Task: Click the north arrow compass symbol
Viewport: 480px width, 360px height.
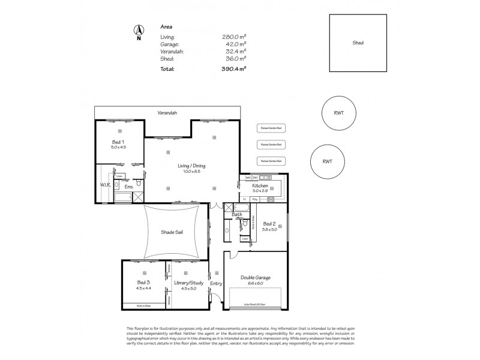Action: (139, 31)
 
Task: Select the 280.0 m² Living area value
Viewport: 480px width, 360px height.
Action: (235, 36)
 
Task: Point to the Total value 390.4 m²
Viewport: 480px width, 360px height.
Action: (235, 69)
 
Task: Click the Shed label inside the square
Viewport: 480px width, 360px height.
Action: (358, 43)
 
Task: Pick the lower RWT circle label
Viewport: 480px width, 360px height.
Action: (328, 161)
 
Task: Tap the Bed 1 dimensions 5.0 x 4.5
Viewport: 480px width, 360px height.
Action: (118, 146)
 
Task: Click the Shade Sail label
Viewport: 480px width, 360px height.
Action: (172, 232)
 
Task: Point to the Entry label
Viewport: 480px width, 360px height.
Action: (216, 283)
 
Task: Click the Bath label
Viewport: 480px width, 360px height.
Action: (236, 214)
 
